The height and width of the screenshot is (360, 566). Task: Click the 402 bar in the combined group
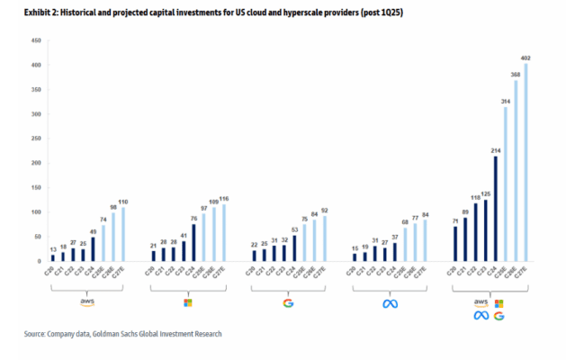[x=526, y=163]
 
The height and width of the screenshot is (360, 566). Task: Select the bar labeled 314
[x=506, y=184]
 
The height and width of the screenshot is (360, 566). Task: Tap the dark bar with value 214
[x=496, y=209]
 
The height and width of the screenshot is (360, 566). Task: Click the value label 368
[x=516, y=74]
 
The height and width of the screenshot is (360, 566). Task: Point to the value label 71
[x=455, y=220]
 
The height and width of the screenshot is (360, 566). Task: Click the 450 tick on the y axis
[x=37, y=41]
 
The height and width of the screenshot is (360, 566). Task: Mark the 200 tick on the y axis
[x=37, y=164]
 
